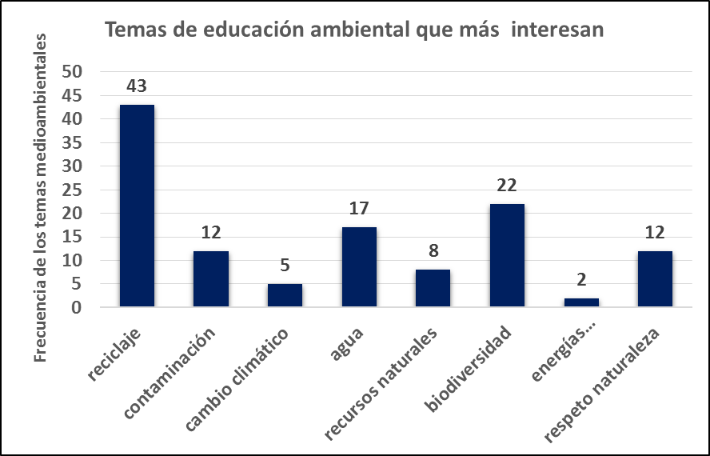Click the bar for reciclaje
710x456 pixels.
point(137,206)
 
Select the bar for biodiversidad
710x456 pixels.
point(508,255)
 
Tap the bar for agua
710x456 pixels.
point(359,267)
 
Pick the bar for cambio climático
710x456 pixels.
point(285,295)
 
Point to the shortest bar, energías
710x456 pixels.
point(581,302)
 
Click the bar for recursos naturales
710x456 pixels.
point(433,288)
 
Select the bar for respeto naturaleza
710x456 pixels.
point(656,279)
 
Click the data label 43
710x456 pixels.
point(137,86)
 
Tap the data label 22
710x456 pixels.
point(508,185)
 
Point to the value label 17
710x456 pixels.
point(359,209)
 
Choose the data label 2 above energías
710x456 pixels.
point(581,279)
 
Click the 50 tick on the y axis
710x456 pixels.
point(73,71)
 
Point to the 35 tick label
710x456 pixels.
point(73,142)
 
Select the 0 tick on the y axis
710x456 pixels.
point(78,307)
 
